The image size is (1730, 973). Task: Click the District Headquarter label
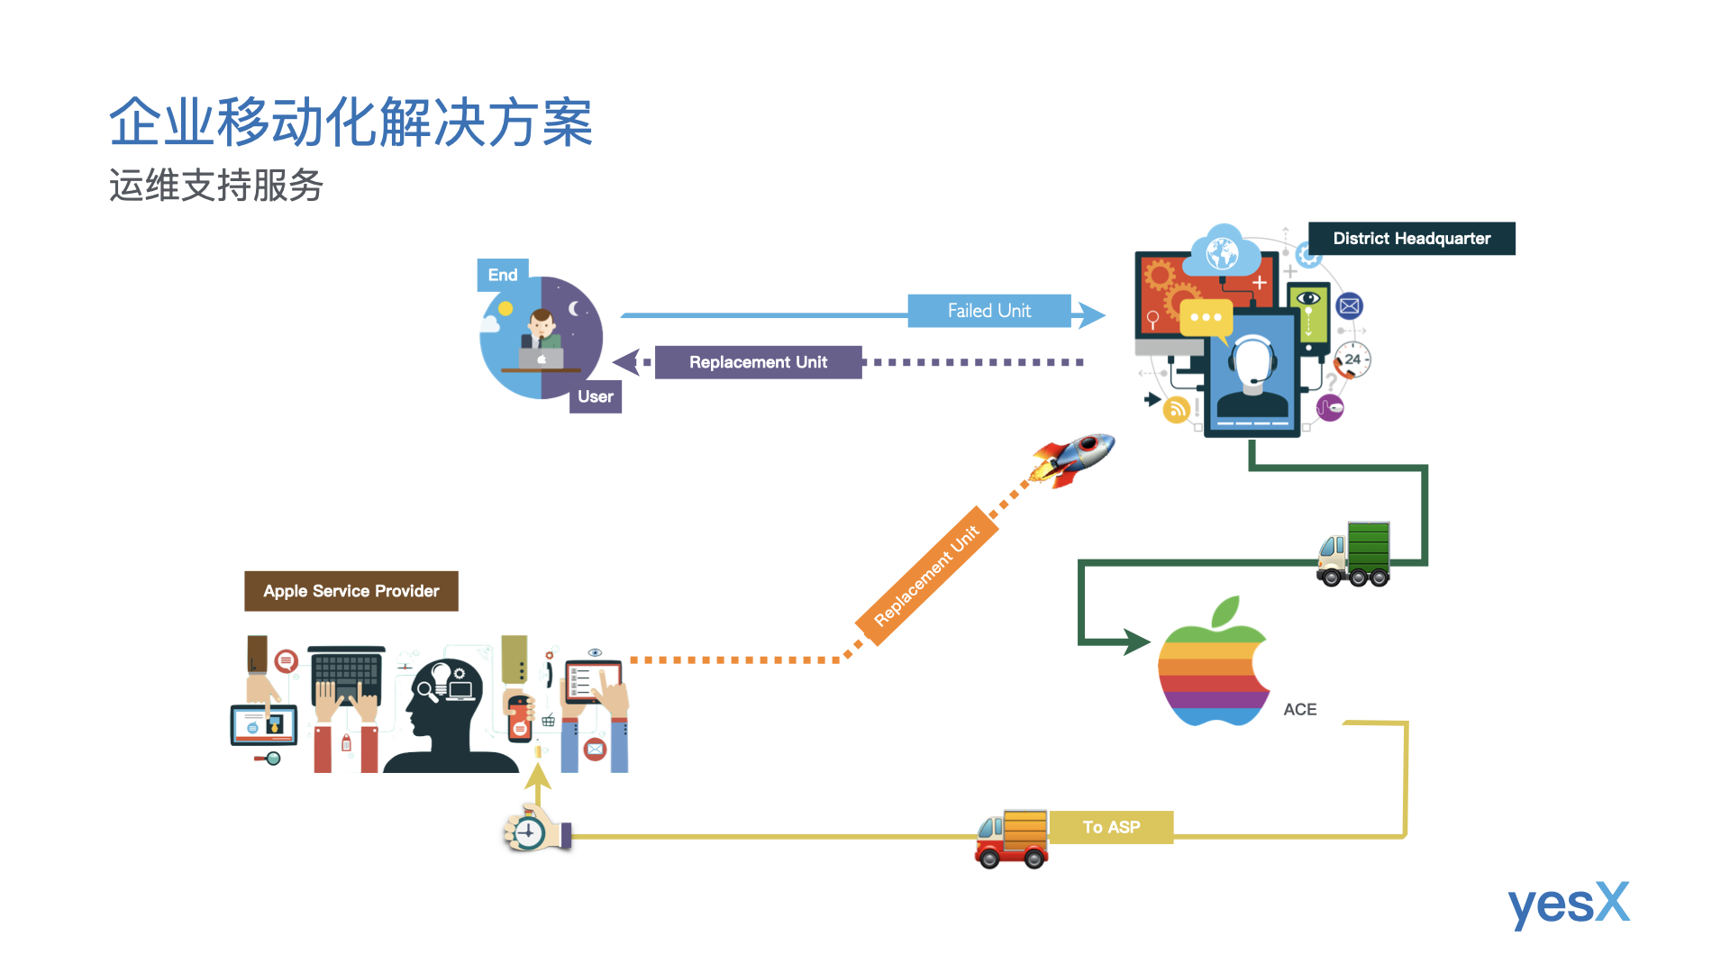coord(1411,239)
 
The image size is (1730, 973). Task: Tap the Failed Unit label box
coord(988,311)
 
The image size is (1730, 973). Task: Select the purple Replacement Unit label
coord(758,362)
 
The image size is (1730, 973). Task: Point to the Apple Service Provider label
coord(351,591)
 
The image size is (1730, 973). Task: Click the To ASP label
coord(1111,827)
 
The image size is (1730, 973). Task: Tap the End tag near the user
coord(503,275)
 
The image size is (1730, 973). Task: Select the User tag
coord(595,396)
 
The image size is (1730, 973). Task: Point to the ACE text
coord(1299,710)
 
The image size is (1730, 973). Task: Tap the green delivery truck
coord(1353,554)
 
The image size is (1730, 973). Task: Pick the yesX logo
coord(1568,904)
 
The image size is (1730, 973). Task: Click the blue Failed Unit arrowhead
coord(1091,314)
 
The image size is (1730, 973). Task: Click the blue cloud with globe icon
coord(1223,250)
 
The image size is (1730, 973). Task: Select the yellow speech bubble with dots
coord(1206,318)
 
